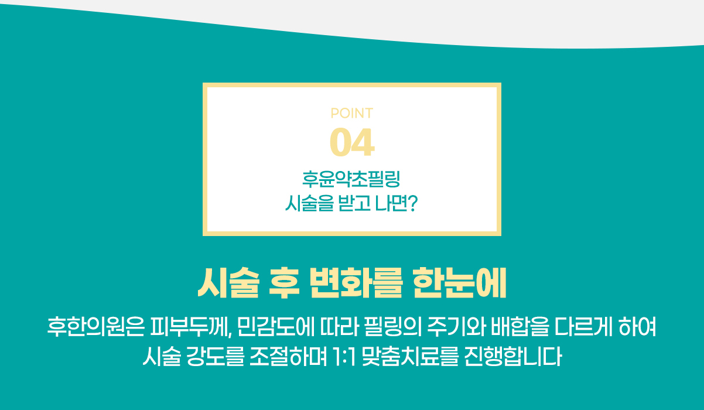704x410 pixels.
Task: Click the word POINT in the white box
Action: (x=351, y=113)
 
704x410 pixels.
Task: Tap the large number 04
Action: (x=352, y=142)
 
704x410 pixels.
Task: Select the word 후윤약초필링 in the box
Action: (x=351, y=179)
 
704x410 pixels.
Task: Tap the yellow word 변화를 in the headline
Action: (x=356, y=283)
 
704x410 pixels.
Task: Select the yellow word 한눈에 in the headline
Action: (x=460, y=283)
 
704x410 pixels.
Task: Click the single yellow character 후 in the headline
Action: (x=284, y=283)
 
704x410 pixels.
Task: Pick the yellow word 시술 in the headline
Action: (x=228, y=283)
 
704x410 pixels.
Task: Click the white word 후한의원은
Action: (x=96, y=327)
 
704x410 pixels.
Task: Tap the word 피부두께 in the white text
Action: (x=191, y=327)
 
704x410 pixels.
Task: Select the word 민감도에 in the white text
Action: (x=276, y=327)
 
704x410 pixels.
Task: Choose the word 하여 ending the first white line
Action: (x=637, y=327)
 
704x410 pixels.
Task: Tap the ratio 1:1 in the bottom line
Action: (x=344, y=357)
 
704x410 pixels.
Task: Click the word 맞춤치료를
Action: (x=410, y=357)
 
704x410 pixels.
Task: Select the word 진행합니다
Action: (x=513, y=357)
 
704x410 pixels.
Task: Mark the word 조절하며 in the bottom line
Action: (x=288, y=357)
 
